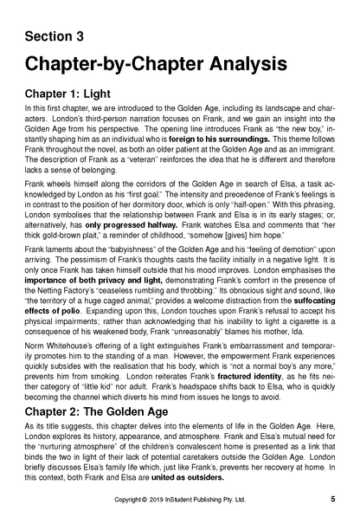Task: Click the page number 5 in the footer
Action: tap(333, 500)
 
